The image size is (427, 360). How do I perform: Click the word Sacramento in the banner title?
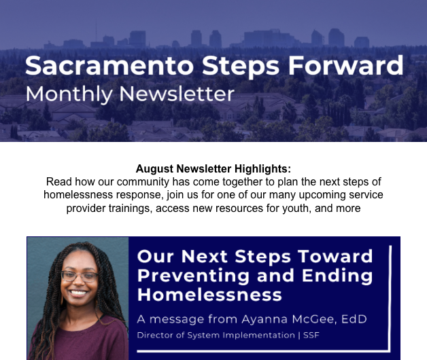(109, 66)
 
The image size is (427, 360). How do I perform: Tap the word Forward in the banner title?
(345, 65)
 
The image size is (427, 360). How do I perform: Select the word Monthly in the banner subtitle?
(69, 94)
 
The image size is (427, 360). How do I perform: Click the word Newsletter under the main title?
(177, 94)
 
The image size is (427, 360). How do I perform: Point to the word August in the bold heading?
(154, 168)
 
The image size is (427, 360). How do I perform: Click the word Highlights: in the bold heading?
(262, 168)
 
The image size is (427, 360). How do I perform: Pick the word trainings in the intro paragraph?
(130, 209)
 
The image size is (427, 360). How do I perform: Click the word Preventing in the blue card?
(193, 276)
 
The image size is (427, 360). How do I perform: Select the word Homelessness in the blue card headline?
(209, 295)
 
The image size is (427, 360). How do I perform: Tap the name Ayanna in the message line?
(264, 319)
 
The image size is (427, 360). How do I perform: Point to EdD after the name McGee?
(354, 319)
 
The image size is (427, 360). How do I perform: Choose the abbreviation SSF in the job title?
(311, 335)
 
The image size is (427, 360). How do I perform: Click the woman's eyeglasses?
(80, 276)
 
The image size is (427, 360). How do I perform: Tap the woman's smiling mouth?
(79, 293)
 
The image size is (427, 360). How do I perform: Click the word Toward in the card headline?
(335, 256)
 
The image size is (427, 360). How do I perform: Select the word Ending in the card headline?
(337, 276)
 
